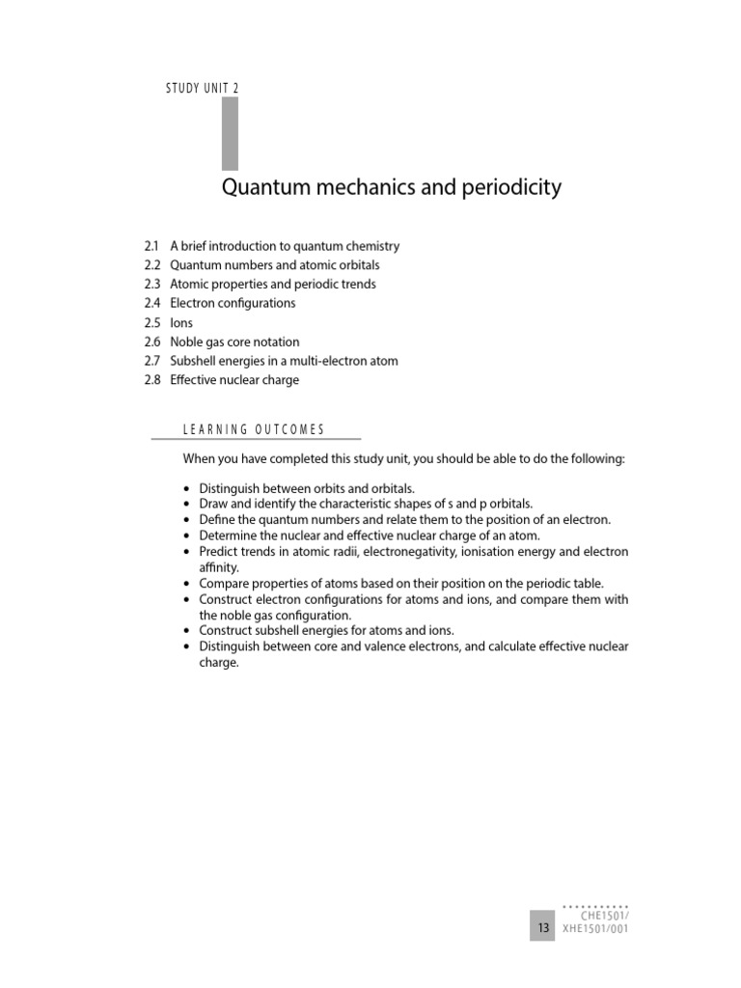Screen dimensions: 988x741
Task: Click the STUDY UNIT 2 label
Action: pos(203,88)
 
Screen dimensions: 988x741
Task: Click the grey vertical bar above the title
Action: pos(230,133)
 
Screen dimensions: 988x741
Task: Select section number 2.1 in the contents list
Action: pos(151,246)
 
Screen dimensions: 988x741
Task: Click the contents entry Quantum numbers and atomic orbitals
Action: pos(275,265)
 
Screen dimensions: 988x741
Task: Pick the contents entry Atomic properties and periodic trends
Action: pos(273,285)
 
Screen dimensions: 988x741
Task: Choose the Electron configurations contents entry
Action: pos(233,303)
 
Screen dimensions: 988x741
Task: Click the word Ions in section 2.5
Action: pos(181,323)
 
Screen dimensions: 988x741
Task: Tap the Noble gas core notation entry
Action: pos(234,342)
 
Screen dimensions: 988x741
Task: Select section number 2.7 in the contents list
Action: pos(151,361)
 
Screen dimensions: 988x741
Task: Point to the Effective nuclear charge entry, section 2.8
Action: pos(234,380)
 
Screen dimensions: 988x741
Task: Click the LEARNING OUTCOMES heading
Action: pos(254,429)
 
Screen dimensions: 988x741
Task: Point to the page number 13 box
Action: pos(542,928)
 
